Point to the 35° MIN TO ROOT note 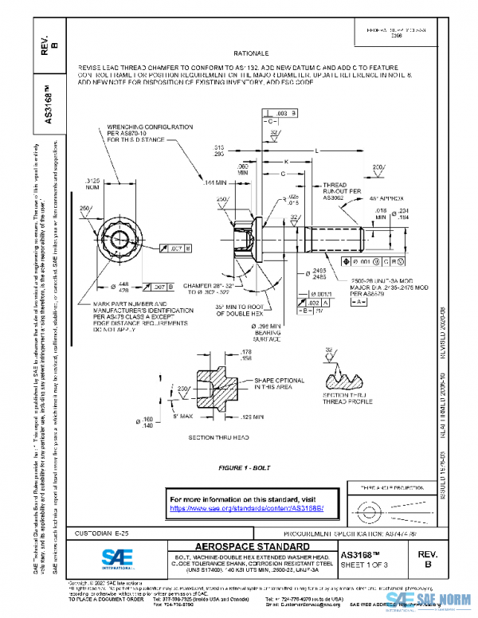tap(244, 310)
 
